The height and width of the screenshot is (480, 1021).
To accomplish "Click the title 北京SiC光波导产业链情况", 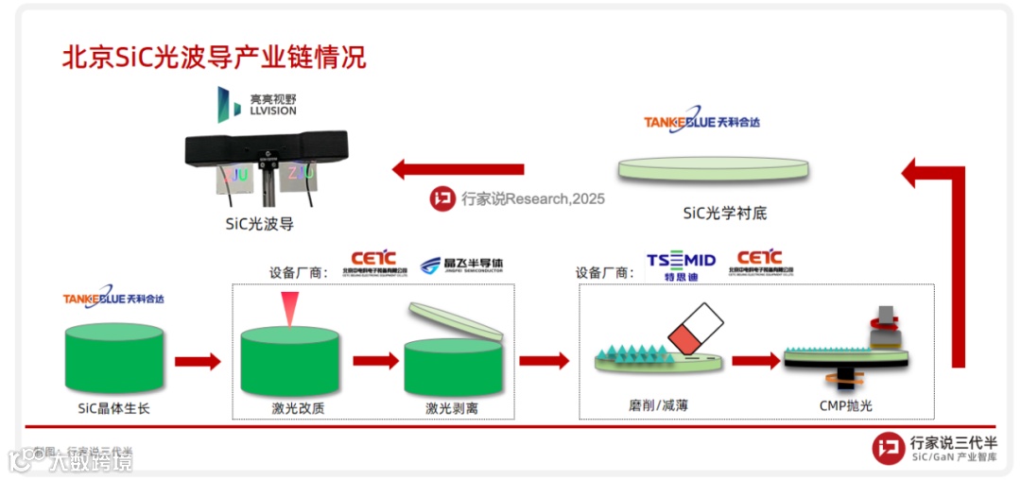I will pyautogui.click(x=214, y=58).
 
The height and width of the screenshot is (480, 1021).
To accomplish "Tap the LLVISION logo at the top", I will pyautogui.click(x=256, y=104).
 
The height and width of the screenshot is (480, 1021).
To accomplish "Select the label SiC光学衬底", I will pyautogui.click(x=725, y=213).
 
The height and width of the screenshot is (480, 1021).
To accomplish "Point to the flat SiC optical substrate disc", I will pyautogui.click(x=714, y=168).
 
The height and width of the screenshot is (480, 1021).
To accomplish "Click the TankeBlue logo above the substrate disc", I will pyautogui.click(x=701, y=122).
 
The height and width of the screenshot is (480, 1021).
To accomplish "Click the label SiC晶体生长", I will pyautogui.click(x=113, y=408).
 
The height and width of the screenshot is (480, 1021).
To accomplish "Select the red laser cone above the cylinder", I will pyautogui.click(x=288, y=306).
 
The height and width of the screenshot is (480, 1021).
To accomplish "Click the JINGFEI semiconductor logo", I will pyautogui.click(x=461, y=264).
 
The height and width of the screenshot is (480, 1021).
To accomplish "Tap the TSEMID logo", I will pyautogui.click(x=681, y=264).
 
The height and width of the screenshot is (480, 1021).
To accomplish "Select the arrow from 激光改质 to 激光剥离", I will pyautogui.click(x=375, y=361).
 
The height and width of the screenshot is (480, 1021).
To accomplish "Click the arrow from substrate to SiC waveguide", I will pyautogui.click(x=459, y=170).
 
